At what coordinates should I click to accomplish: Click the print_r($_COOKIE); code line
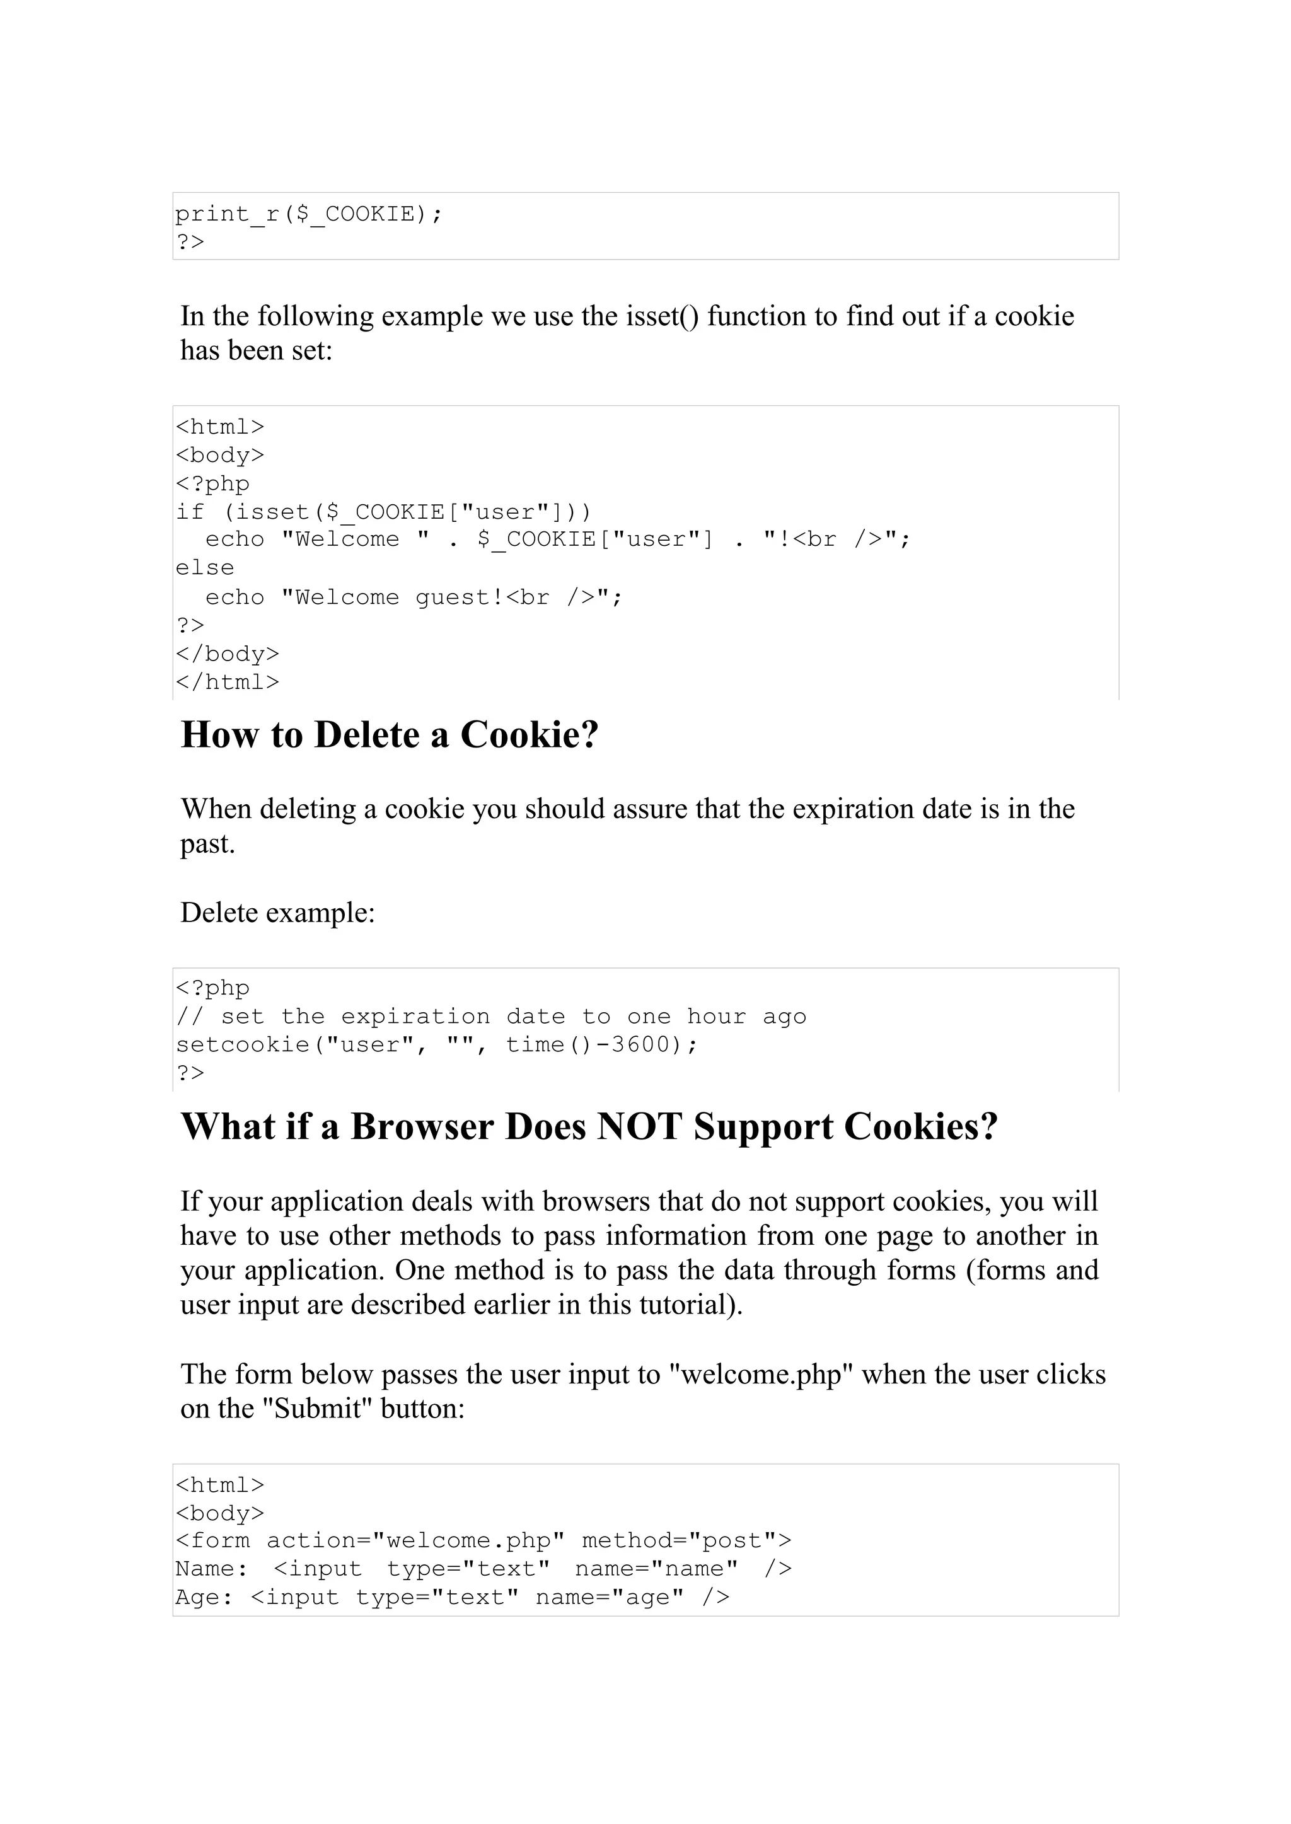(x=308, y=214)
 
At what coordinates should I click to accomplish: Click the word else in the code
(x=205, y=567)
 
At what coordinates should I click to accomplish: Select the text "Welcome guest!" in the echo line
(x=393, y=597)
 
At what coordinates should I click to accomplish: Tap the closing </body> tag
(x=228, y=654)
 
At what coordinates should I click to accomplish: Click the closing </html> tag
(x=228, y=682)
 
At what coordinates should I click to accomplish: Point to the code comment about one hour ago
(x=490, y=1017)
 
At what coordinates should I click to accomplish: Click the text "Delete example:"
(x=277, y=913)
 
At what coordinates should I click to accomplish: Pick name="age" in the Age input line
(x=609, y=1596)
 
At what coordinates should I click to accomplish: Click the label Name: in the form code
(x=211, y=1569)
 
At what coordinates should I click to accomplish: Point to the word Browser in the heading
(x=422, y=1126)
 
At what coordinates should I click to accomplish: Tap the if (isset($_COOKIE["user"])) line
(x=383, y=511)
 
